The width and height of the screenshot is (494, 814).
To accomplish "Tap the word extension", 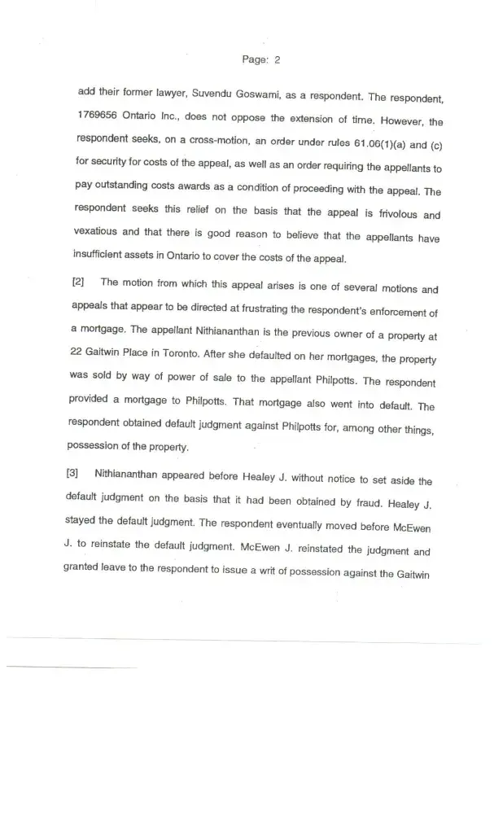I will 298,122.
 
